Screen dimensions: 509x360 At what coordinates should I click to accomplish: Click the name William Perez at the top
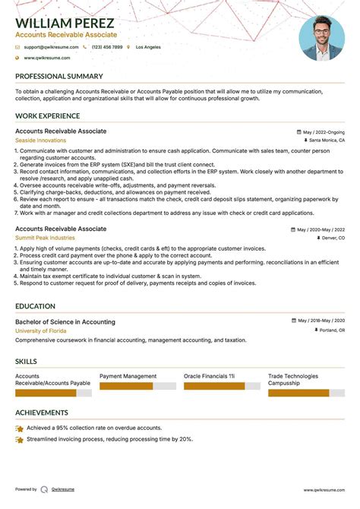pyautogui.click(x=65, y=24)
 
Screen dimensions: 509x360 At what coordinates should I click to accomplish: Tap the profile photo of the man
pyautogui.click(x=322, y=38)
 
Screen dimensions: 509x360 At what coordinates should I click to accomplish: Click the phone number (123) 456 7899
pyautogui.click(x=106, y=47)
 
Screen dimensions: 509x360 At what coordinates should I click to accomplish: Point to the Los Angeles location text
pyautogui.click(x=148, y=47)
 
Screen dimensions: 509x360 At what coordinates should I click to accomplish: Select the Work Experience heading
pyautogui.click(x=47, y=116)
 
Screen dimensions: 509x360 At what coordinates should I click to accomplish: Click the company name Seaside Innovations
pyautogui.click(x=40, y=141)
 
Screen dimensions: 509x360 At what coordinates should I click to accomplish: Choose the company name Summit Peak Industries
pyautogui.click(x=45, y=238)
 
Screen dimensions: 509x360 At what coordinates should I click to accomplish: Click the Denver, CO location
pyautogui.click(x=330, y=238)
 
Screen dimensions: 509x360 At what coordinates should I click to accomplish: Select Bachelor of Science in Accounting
pyautogui.click(x=65, y=322)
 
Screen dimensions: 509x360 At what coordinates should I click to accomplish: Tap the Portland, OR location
pyautogui.click(x=330, y=331)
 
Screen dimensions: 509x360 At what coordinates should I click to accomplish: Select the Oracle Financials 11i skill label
pyautogui.click(x=209, y=376)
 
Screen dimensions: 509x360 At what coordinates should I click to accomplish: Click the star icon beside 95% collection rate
pyautogui.click(x=19, y=428)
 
